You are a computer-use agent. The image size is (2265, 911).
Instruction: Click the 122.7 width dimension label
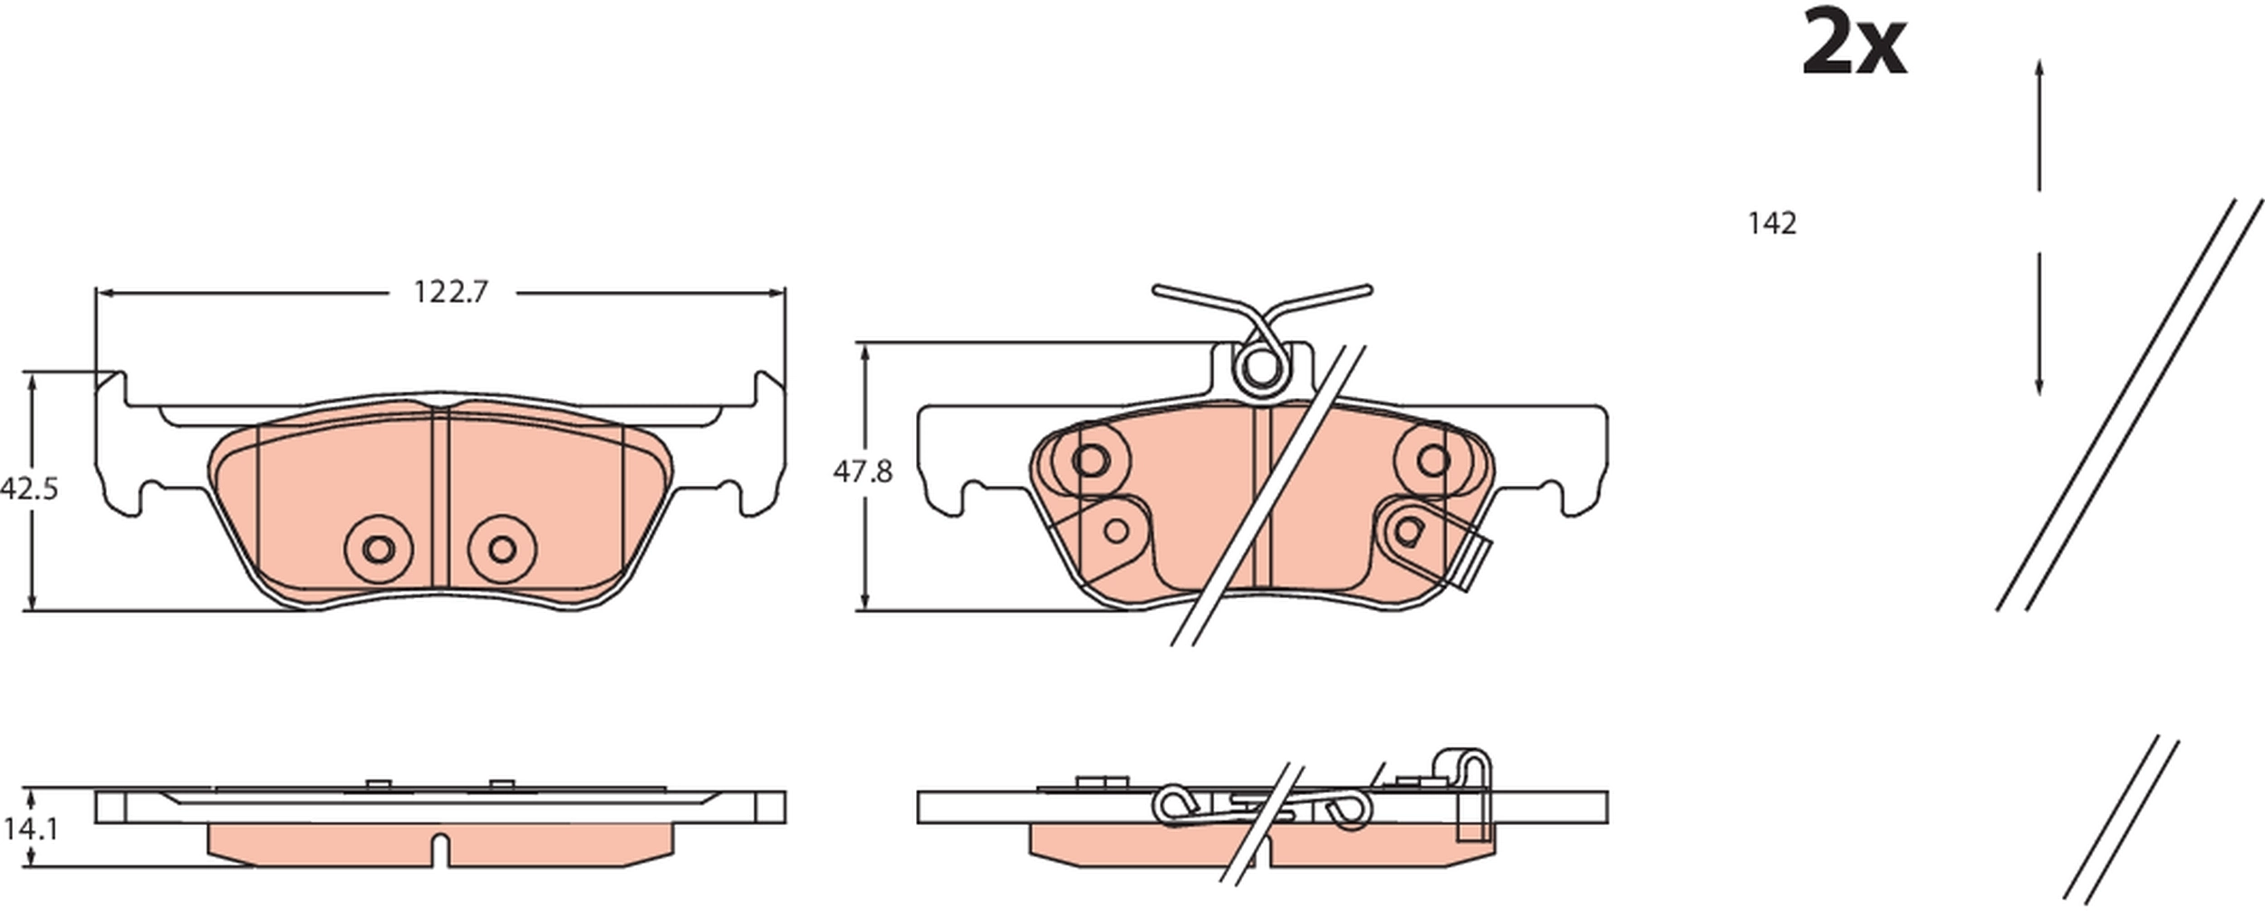450,292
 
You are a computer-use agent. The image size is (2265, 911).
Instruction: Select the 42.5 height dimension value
29,489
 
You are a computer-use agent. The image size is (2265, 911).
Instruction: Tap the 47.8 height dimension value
863,471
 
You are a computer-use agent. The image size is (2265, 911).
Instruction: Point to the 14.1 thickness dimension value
30,829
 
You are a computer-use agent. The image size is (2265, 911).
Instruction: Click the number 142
1771,223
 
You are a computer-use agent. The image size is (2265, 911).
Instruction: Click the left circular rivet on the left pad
378,548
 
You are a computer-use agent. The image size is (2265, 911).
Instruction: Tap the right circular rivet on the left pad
502,548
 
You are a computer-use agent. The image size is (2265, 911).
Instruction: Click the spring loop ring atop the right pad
1259,368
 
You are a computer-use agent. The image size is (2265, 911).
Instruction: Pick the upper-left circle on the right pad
1090,460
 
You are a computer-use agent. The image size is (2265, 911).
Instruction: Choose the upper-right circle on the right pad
1432,460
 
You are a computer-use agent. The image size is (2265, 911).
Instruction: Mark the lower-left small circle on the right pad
1116,530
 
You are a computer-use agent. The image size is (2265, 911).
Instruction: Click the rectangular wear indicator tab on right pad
1477,564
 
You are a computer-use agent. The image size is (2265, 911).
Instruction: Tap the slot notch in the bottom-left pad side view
440,848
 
